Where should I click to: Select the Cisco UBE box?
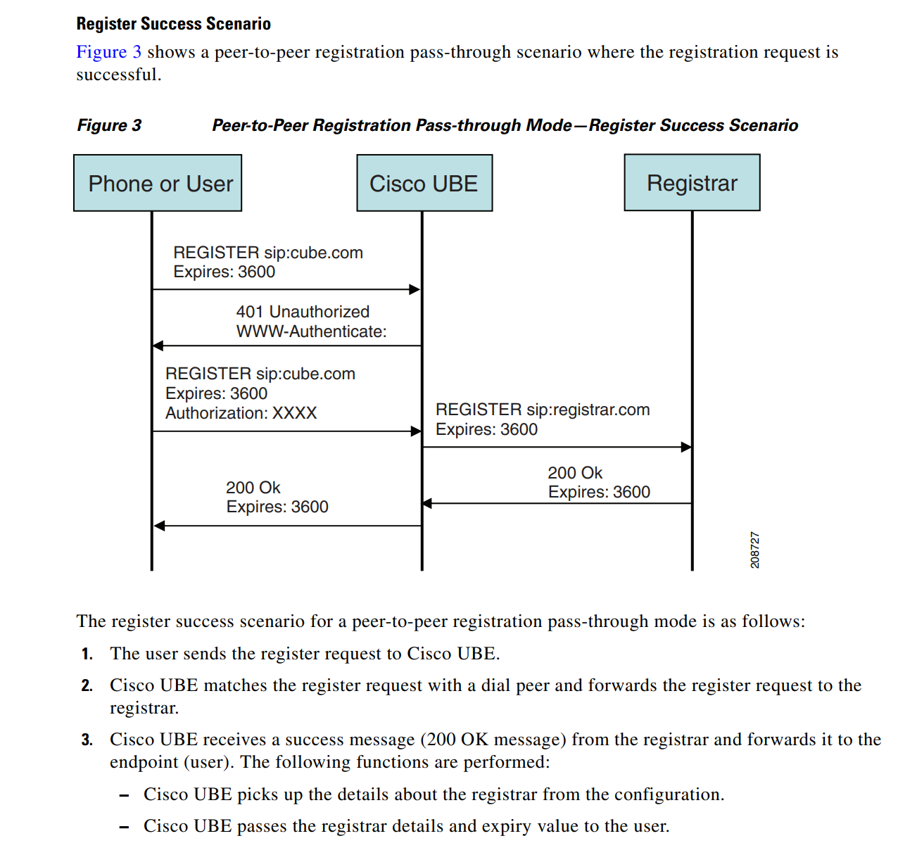[424, 184]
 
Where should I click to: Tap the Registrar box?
[692, 183]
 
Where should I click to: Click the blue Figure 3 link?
[108, 52]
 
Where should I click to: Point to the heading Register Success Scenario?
[173, 24]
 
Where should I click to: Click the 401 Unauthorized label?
[303, 312]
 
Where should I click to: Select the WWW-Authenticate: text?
[311, 331]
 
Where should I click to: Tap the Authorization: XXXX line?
[241, 413]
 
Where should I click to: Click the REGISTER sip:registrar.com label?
[542, 410]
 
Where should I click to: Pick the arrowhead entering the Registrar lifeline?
[686, 447]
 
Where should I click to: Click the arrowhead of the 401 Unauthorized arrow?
[158, 346]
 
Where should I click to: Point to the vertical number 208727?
[755, 550]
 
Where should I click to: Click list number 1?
[87, 654]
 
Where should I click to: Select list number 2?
[87, 685]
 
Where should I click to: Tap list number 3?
[87, 740]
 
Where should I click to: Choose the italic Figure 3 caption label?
[109, 125]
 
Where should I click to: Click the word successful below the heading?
[118, 75]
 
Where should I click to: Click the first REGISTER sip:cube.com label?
[267, 253]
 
